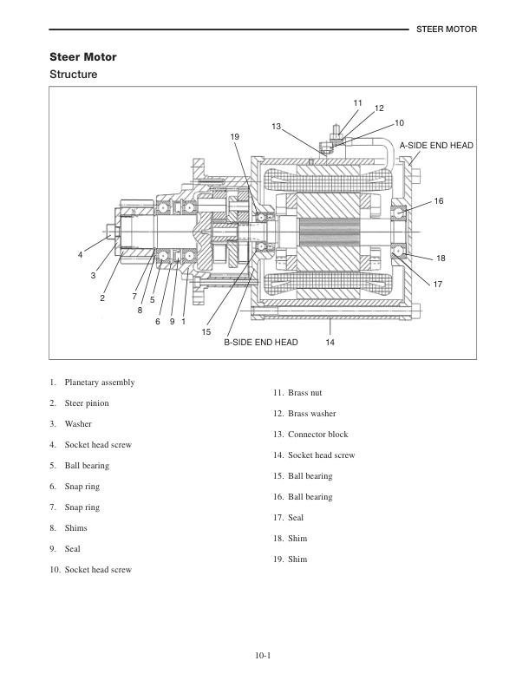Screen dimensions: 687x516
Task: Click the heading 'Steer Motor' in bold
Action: (x=82, y=57)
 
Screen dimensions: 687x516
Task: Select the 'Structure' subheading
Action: (x=73, y=75)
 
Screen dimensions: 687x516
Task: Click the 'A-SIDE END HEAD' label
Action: (x=436, y=145)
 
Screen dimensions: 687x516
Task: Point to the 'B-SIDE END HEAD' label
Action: (x=261, y=343)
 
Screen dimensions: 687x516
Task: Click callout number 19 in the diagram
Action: (x=234, y=137)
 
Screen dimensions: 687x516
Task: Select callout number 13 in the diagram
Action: (x=277, y=127)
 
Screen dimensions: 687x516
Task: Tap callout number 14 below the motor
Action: (x=330, y=343)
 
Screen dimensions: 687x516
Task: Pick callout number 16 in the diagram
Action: (x=439, y=201)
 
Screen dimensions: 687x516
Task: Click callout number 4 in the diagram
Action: (x=80, y=254)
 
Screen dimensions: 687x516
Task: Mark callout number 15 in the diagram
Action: (x=206, y=331)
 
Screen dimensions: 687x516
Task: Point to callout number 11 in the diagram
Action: (x=357, y=103)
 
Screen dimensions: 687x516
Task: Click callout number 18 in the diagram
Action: (x=441, y=258)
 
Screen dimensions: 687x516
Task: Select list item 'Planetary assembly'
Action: (x=99, y=383)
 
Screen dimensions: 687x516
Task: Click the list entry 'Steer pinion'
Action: (x=87, y=403)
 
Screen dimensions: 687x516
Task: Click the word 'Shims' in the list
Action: (x=76, y=528)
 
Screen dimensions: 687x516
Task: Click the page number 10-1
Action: (x=265, y=655)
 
